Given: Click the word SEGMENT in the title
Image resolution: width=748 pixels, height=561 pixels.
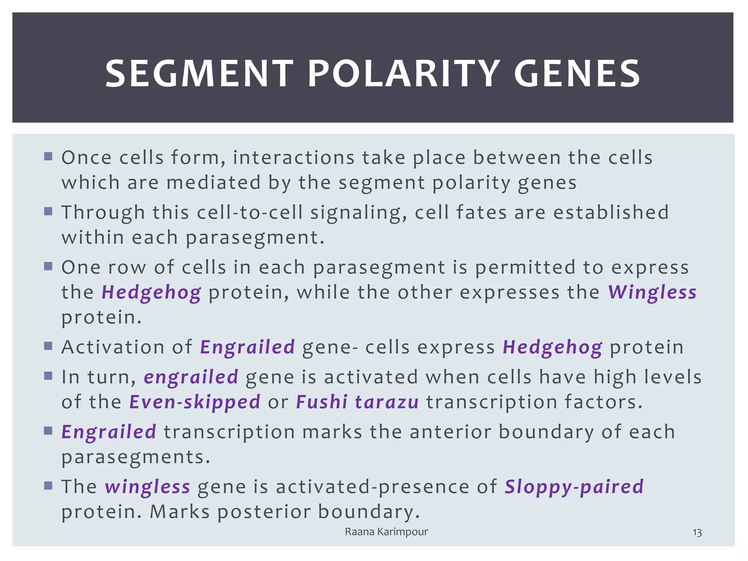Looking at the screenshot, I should [199, 74].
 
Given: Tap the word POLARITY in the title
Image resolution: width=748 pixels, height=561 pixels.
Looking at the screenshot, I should [403, 74].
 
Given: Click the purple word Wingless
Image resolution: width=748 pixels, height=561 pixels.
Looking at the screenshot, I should [652, 293].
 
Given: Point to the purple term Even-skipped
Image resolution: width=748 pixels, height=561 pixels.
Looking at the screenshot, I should [195, 402].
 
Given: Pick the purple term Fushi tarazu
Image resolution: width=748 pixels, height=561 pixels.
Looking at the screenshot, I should [357, 402].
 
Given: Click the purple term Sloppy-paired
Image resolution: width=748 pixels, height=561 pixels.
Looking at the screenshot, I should [574, 487].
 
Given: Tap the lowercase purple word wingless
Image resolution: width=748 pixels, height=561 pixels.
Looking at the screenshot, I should [148, 487].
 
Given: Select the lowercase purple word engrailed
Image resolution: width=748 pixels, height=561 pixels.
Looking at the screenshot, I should [191, 377].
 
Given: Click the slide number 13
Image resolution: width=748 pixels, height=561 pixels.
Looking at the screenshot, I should [697, 533].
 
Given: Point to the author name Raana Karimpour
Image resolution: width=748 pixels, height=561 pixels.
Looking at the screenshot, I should [386, 532].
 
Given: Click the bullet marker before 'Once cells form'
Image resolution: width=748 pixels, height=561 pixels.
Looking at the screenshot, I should [48, 157].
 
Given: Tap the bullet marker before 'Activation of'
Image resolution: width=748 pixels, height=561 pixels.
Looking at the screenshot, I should [48, 346].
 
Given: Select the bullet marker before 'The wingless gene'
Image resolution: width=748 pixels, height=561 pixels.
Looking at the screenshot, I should [48, 486].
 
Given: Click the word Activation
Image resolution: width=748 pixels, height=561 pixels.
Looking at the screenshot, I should [113, 347].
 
